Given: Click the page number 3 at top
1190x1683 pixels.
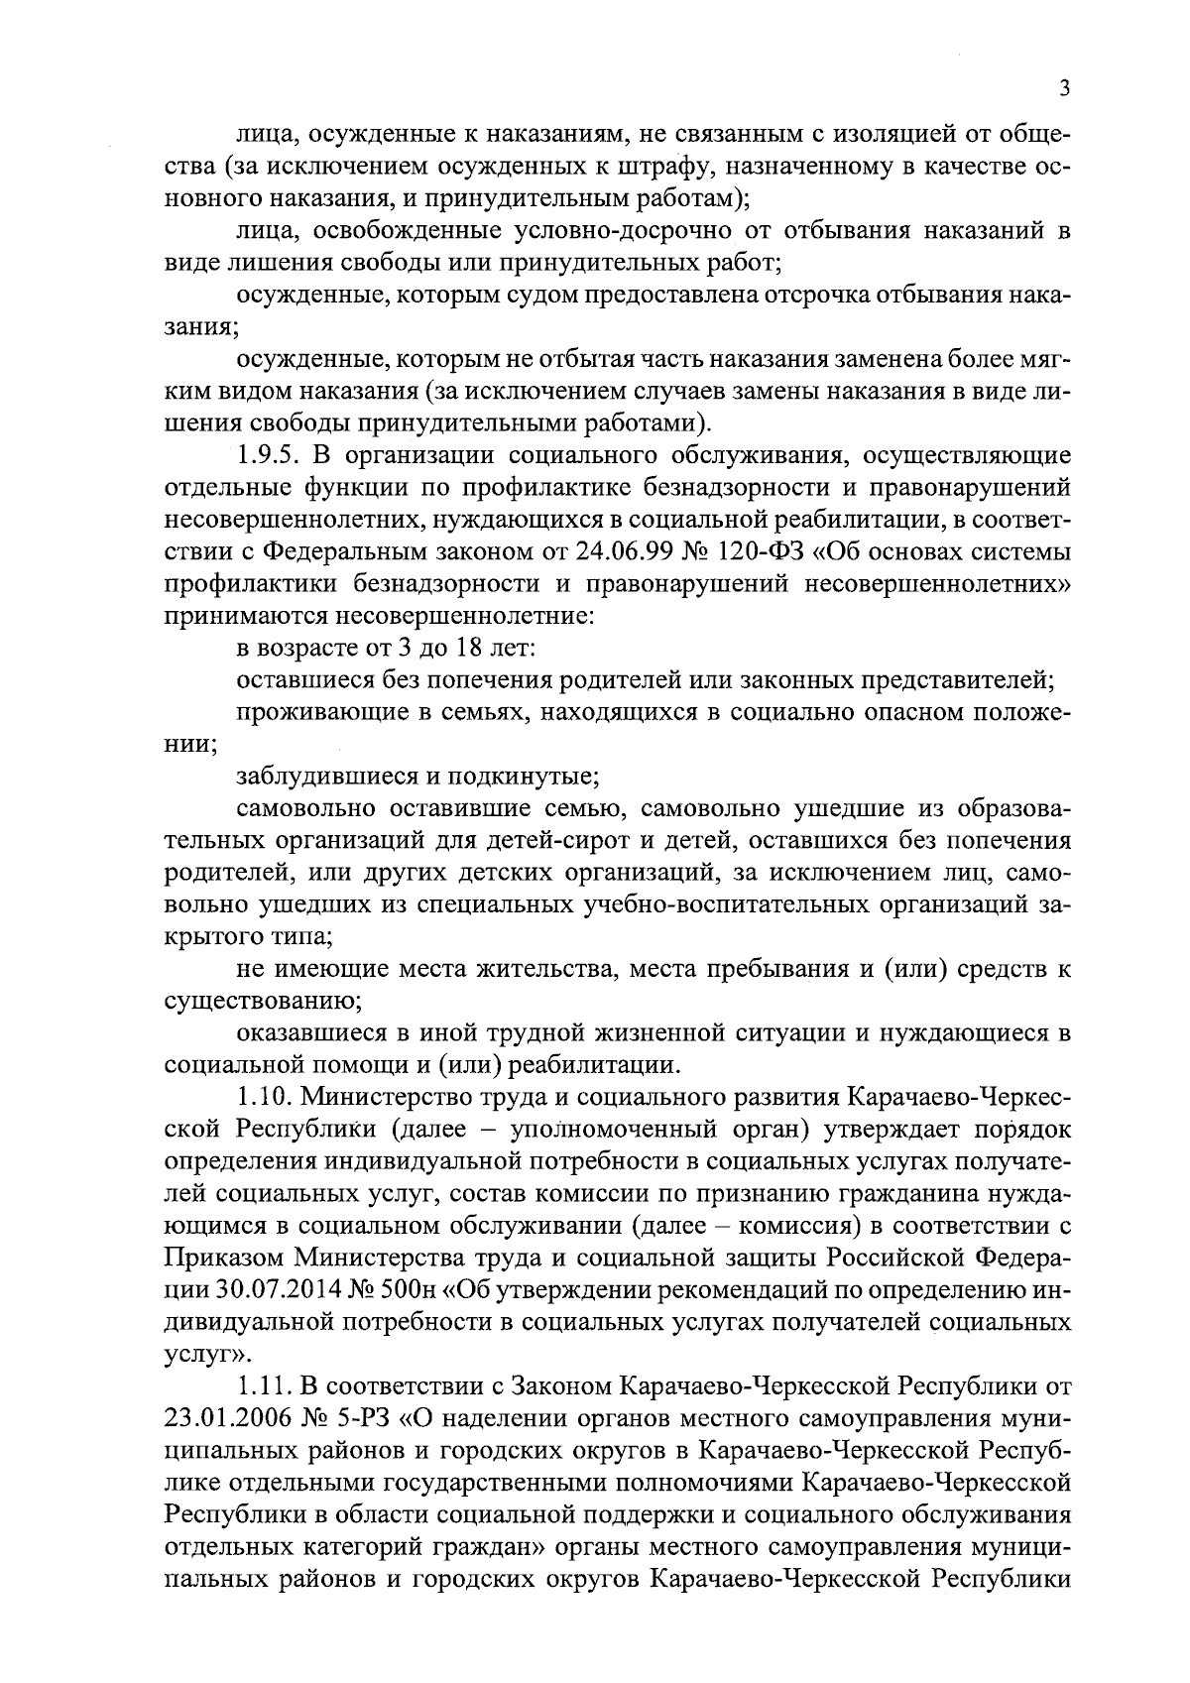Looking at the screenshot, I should (1064, 88).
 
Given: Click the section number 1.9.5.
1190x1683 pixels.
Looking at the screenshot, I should (274, 455).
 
